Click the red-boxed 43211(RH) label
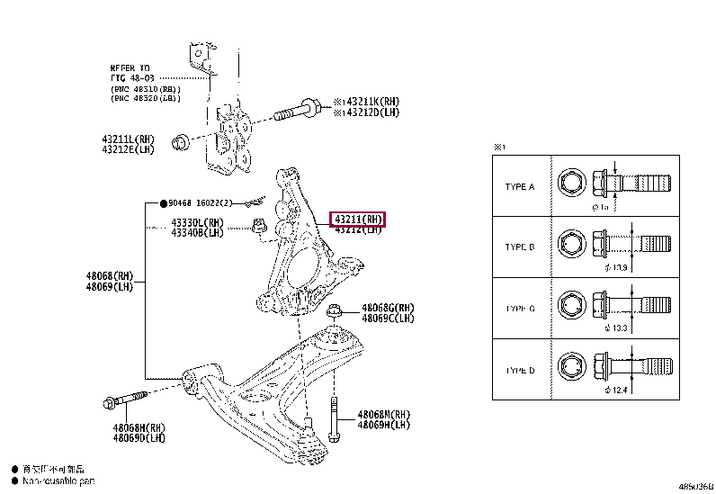[359, 219]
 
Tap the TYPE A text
[520, 187]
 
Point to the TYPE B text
[520, 247]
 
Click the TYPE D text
[520, 370]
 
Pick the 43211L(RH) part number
[128, 139]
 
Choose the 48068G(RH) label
[389, 308]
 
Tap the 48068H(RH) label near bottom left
[139, 427]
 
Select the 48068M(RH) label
[384, 415]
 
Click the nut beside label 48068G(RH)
[335, 312]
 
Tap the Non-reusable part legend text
[57, 482]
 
